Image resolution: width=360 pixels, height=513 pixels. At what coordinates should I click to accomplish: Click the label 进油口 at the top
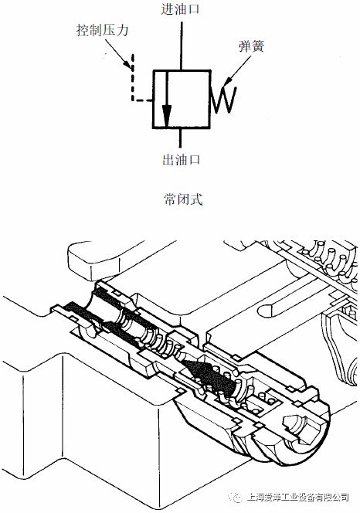[180, 8]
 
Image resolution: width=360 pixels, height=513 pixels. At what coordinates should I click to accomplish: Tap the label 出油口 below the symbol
[182, 160]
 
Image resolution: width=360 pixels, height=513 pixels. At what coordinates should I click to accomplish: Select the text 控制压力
[103, 30]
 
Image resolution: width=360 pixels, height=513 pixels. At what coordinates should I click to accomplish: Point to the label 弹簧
[251, 46]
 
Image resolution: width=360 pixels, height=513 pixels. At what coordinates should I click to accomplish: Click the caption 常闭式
[183, 199]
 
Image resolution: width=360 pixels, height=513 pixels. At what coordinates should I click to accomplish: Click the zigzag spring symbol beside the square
[223, 99]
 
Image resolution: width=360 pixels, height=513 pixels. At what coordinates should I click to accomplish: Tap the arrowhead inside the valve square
[167, 116]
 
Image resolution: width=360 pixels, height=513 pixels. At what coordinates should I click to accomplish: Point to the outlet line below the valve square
[180, 138]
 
